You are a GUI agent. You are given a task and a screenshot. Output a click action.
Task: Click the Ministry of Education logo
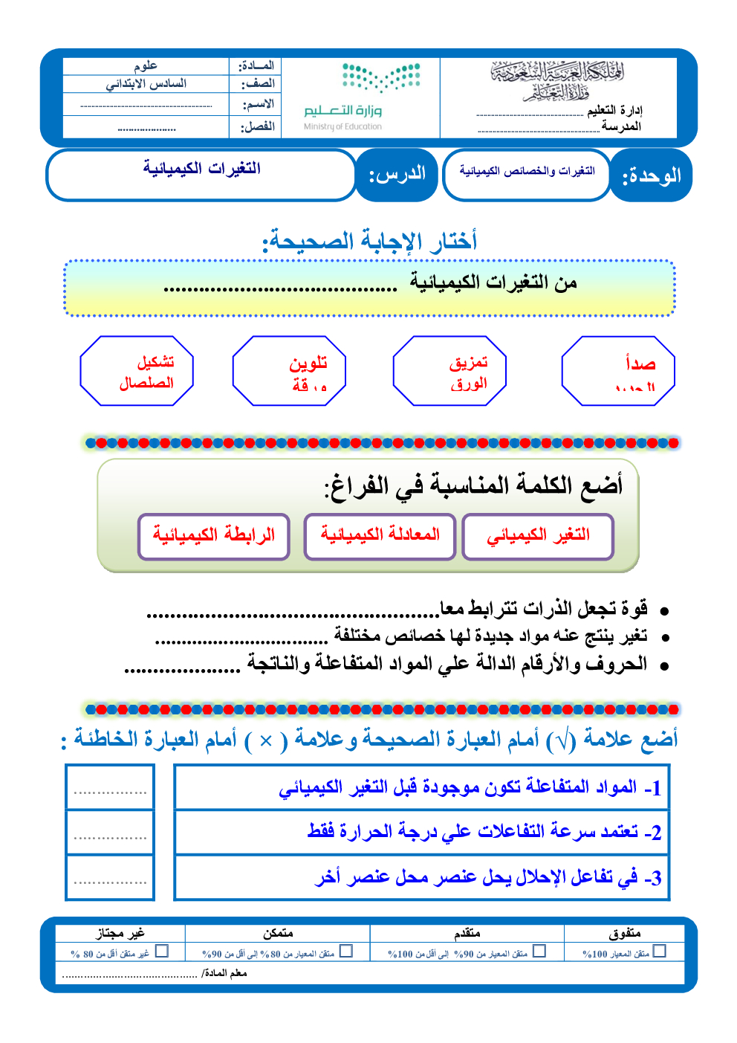(x=362, y=97)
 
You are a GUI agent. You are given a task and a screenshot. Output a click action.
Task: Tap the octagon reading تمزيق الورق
(x=450, y=371)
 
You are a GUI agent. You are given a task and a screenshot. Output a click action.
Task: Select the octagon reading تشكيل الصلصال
(x=137, y=371)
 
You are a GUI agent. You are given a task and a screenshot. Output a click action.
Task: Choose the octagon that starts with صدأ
(x=618, y=371)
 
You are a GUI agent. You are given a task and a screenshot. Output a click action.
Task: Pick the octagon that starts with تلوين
(x=290, y=371)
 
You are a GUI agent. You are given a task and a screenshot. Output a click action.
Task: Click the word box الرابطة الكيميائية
(x=214, y=536)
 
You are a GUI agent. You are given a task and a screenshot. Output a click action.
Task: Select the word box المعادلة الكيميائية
(x=380, y=536)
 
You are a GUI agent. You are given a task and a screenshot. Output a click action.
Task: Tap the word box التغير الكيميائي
(x=538, y=536)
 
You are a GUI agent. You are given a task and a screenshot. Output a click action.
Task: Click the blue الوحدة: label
(x=651, y=175)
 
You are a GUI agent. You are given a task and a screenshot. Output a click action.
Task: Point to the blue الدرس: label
(x=397, y=175)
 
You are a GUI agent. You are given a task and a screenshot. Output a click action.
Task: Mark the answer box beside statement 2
(x=110, y=833)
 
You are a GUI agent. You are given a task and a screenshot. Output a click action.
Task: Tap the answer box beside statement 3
(x=110, y=878)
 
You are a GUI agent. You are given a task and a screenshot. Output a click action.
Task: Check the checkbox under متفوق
(x=659, y=951)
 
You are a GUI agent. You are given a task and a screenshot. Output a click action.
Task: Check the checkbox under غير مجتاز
(x=162, y=951)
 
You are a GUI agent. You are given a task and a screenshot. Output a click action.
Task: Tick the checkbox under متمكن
(x=345, y=951)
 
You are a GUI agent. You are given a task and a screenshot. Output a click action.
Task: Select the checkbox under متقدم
(x=539, y=951)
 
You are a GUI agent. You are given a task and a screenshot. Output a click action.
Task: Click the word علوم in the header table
(x=146, y=66)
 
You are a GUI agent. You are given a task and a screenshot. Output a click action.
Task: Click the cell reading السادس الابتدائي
(x=146, y=84)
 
